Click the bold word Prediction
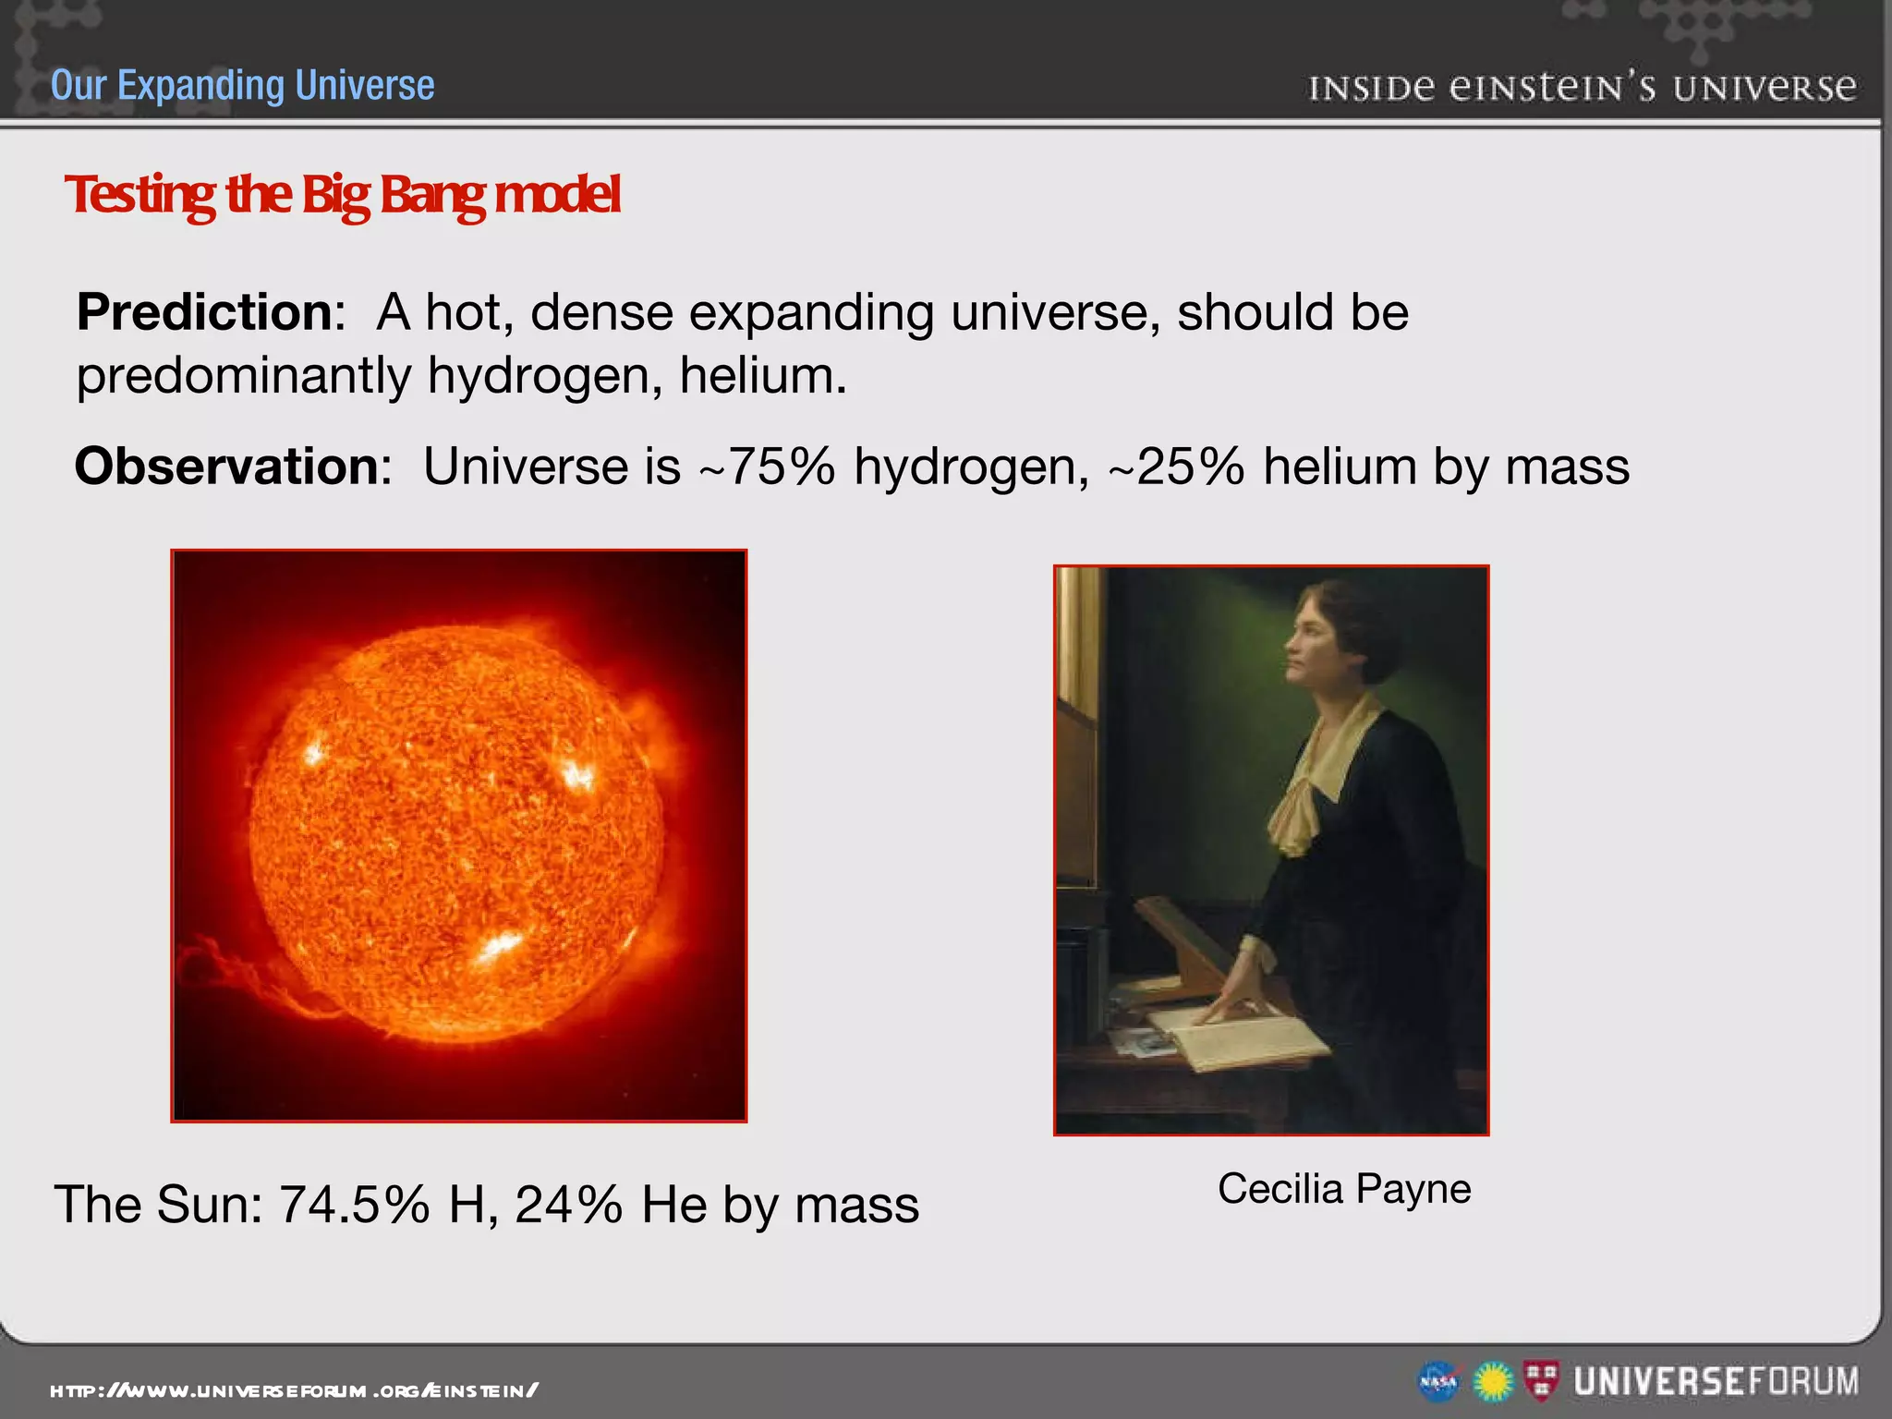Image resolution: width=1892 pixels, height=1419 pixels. coord(204,312)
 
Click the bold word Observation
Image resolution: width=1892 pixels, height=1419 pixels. coord(226,466)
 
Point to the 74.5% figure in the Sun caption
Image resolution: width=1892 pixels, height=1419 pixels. coord(354,1205)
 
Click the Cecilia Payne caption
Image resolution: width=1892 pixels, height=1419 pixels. coord(1344,1189)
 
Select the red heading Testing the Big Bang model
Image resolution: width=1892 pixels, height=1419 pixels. coord(343,195)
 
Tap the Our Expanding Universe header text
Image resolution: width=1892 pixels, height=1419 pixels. coord(242,85)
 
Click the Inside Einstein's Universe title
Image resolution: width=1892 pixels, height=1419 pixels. coord(1582,88)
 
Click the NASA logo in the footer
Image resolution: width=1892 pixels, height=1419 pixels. coord(1438,1382)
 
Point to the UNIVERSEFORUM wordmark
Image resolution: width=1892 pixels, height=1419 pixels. coord(1716,1381)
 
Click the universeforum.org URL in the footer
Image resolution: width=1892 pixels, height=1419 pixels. coord(294,1390)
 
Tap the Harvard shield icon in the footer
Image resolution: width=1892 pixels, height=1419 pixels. coord(1541,1380)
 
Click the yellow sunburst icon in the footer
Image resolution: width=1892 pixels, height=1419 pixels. coord(1492,1382)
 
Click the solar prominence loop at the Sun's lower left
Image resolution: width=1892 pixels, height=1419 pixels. coord(231,970)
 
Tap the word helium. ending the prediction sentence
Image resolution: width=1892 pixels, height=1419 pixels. coord(762,376)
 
